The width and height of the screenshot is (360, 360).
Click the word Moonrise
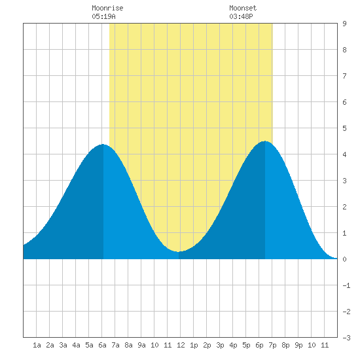[x=107, y=8]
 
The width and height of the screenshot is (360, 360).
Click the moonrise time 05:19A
[x=103, y=16]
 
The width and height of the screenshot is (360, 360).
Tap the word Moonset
[x=243, y=8]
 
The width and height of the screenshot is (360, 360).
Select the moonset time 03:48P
[x=241, y=16]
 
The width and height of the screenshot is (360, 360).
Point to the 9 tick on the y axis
[x=344, y=24]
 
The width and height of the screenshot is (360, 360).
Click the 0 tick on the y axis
[x=344, y=259]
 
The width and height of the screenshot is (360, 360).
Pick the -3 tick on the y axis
[x=346, y=338]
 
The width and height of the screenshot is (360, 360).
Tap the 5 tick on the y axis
[x=344, y=128]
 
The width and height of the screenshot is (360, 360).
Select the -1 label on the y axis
[x=346, y=285]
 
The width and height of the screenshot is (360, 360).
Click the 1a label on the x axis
[x=37, y=345]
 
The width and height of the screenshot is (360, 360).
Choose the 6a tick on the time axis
[x=102, y=345]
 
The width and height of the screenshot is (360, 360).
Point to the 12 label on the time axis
[x=181, y=345]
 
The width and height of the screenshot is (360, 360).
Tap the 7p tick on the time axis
[x=272, y=345]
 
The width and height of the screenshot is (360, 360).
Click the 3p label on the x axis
[x=220, y=345]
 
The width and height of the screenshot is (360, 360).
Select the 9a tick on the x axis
[x=141, y=345]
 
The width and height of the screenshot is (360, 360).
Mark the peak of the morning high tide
[x=103, y=145]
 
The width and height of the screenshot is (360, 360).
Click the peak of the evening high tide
[x=265, y=141]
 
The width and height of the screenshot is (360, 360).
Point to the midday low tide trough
[x=179, y=251]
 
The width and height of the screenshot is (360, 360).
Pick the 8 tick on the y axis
[x=344, y=50]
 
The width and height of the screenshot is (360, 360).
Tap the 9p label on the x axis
[x=298, y=345]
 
